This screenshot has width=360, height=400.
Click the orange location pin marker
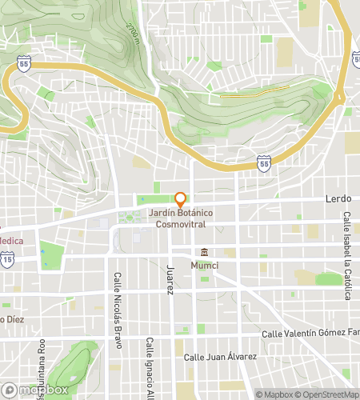click(181, 198)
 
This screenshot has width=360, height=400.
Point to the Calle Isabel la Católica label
click(347, 256)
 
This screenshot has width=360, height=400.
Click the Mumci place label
click(205, 265)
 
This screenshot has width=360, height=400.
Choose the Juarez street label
click(169, 278)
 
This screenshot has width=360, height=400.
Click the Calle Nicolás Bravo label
click(117, 305)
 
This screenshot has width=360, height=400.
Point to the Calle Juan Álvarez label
click(220, 357)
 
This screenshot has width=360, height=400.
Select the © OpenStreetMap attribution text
click(328, 394)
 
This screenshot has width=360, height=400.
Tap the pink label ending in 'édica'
click(11, 240)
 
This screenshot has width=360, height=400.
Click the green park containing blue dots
click(52, 255)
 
